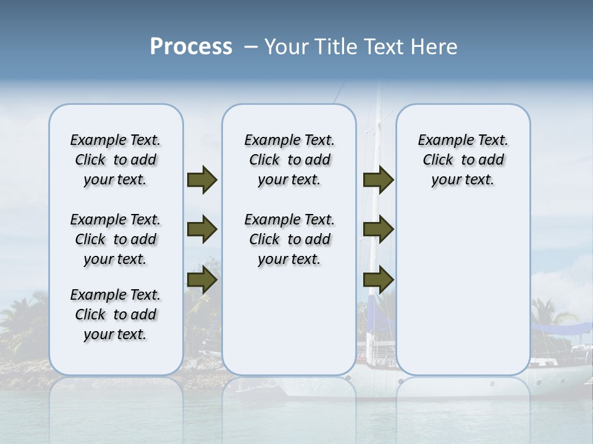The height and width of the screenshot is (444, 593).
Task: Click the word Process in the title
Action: pos(191,47)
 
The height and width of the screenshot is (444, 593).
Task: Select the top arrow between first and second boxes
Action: pos(202,179)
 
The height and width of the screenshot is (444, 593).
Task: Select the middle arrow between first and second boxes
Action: pos(202,230)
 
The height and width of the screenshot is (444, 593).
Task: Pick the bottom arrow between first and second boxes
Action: pos(202,281)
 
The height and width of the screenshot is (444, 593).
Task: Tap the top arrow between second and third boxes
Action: pos(378,179)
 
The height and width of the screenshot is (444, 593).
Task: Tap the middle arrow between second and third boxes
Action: pos(378,230)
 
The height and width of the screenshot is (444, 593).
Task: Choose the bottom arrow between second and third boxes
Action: pos(378,281)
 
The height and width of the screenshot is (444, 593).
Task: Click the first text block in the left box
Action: pos(116,160)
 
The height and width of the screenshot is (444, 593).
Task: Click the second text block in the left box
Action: pos(116,239)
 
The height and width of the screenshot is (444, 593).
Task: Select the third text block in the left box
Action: pos(116,314)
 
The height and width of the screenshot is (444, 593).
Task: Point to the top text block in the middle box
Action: pos(289,160)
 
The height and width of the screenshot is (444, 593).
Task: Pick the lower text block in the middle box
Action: pos(289,239)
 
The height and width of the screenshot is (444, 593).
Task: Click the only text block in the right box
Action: pos(463,160)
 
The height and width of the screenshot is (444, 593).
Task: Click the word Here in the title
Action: pos(435,47)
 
